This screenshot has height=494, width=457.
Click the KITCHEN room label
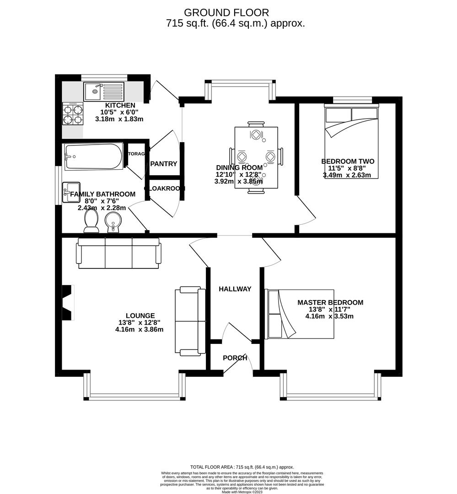point(120,105)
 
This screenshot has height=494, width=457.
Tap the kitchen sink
point(104,91)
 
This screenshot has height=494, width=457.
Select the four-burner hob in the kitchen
point(73,114)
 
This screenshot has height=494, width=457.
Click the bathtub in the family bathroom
point(94,156)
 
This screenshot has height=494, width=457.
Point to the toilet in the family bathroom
point(91,221)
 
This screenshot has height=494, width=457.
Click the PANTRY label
point(164,164)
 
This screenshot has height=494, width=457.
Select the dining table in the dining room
point(256,157)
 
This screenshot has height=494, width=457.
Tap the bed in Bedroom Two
point(351,142)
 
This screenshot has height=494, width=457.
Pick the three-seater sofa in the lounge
point(119,253)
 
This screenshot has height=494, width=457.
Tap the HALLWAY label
point(235,289)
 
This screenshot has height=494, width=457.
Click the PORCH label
point(235,358)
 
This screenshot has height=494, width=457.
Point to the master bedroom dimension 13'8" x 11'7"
point(330,309)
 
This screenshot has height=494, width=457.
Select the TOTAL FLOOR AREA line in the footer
point(242,467)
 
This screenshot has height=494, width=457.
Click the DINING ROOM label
point(239,167)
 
